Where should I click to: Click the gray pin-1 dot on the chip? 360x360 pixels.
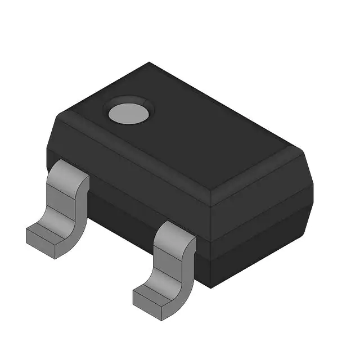(x=129, y=114)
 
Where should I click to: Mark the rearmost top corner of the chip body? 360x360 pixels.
(x=150, y=63)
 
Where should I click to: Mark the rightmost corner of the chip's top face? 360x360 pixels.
(x=304, y=152)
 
